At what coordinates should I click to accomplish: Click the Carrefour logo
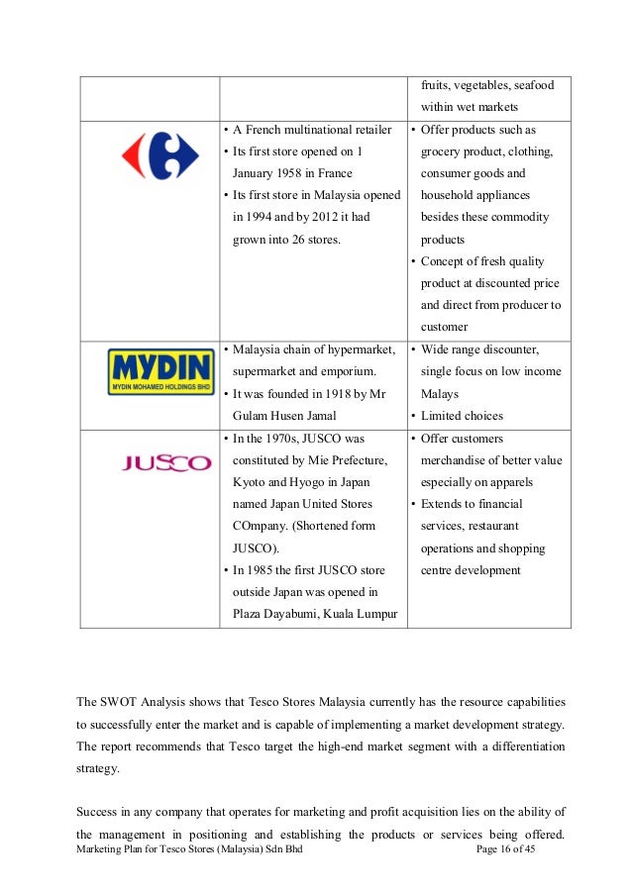(x=146, y=156)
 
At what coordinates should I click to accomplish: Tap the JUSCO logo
(x=166, y=462)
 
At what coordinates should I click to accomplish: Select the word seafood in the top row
(x=530, y=85)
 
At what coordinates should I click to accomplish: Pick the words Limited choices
(x=462, y=416)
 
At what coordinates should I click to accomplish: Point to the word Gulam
(x=253, y=416)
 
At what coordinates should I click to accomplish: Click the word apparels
(x=509, y=483)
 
